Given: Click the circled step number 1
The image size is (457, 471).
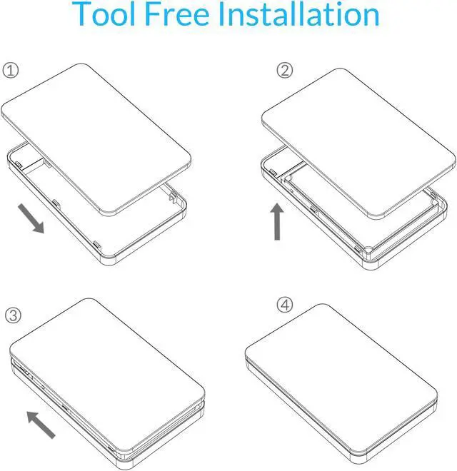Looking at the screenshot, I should pos(11,71).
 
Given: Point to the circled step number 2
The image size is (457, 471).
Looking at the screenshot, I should pos(285,70).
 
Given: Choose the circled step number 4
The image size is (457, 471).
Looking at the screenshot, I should pos(285,305).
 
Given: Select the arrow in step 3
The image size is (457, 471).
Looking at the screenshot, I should pos(41,423).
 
